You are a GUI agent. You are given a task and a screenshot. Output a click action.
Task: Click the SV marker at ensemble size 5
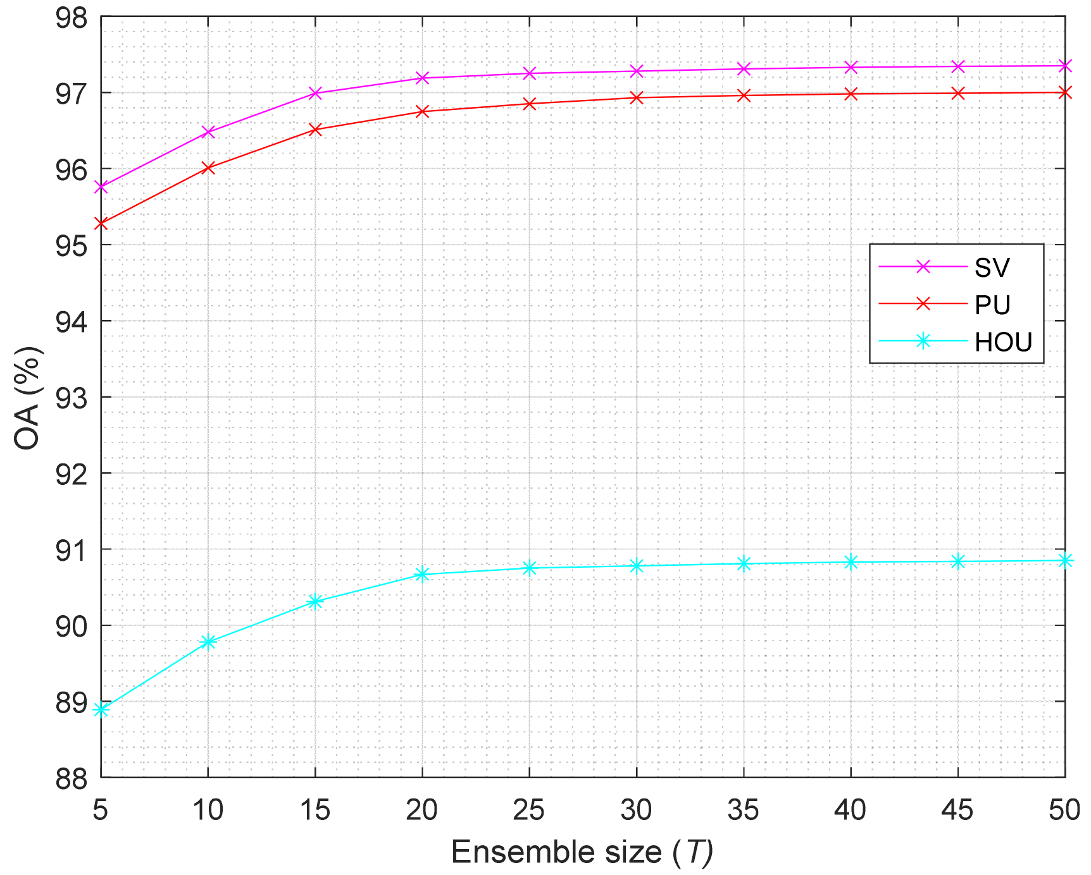(101, 187)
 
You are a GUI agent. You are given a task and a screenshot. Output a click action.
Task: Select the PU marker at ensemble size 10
(208, 168)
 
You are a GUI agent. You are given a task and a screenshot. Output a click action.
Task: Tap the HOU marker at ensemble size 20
(422, 574)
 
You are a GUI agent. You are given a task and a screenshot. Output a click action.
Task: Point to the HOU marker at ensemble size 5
(101, 710)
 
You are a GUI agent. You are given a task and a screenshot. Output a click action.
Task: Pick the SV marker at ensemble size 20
(422, 78)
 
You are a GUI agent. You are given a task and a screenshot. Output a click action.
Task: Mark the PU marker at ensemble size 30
(637, 97)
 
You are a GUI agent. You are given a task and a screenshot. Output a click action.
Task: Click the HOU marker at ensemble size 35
(744, 563)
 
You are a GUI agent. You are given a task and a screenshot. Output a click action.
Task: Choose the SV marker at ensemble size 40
(851, 67)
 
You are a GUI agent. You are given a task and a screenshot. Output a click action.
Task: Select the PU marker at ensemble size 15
(315, 130)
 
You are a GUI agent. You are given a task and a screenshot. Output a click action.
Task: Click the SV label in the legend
(992, 267)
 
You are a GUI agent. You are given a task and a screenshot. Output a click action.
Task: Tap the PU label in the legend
(992, 305)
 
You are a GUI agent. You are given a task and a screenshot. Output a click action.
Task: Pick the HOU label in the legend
(1003, 342)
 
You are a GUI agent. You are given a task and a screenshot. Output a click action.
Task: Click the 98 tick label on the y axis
(71, 17)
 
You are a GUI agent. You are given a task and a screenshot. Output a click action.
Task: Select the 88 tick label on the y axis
(71, 778)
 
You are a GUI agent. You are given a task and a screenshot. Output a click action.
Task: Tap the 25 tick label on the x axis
(529, 810)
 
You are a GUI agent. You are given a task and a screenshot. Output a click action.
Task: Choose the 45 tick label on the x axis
(957, 810)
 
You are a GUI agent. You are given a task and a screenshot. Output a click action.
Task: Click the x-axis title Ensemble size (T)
(582, 852)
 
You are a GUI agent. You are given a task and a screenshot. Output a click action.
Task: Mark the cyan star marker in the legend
(923, 341)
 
